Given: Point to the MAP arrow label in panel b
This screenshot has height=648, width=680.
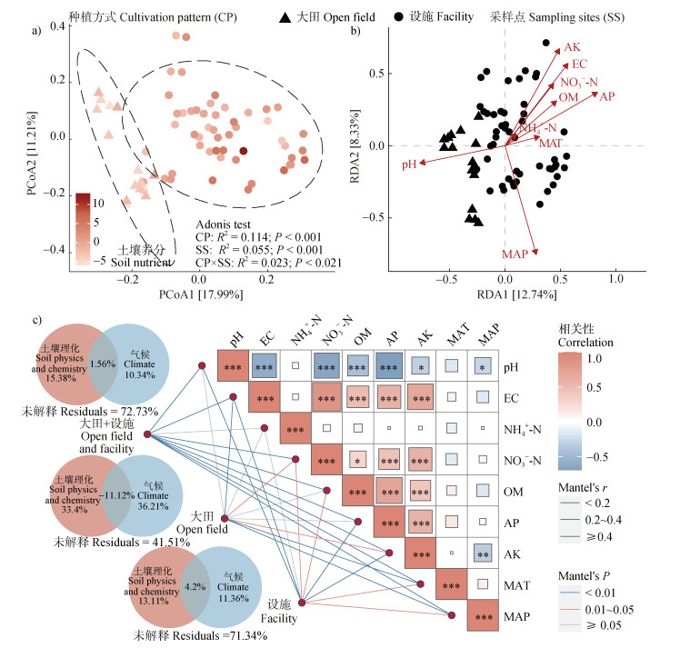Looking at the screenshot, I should pyautogui.click(x=515, y=256).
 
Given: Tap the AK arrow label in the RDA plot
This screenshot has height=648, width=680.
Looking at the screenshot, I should pyautogui.click(x=572, y=46).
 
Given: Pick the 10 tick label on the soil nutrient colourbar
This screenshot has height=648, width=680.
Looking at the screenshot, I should pyautogui.click(x=102, y=202).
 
